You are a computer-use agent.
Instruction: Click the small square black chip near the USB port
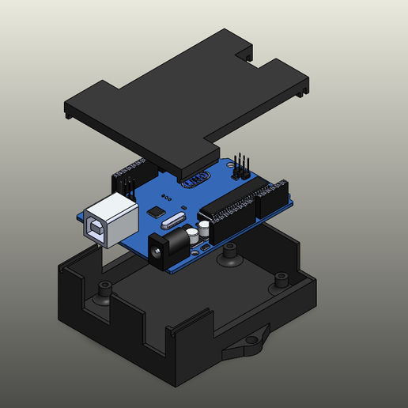pyautogui.click(x=157, y=211)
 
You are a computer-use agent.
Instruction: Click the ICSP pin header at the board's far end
pyautogui.click(x=241, y=168)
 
